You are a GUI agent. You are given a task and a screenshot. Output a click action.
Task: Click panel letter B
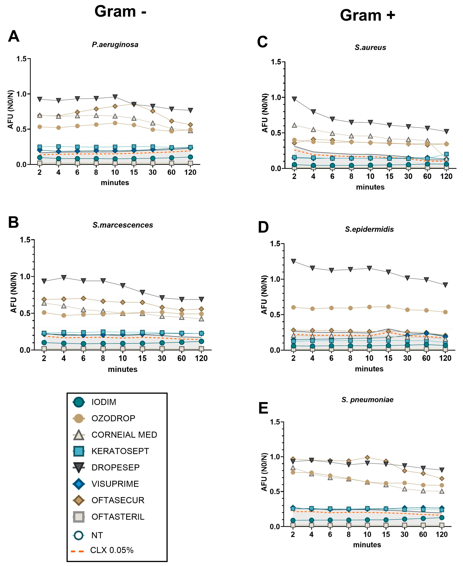tap(13, 222)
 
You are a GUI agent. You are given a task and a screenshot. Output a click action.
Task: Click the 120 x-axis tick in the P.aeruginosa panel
tap(190, 172)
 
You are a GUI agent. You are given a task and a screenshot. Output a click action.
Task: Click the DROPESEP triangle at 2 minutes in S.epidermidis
tap(293, 261)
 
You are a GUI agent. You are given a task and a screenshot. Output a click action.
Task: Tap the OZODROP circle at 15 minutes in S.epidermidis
tap(388, 307)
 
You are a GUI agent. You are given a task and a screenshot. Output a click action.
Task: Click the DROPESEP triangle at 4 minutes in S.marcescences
tap(64, 278)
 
